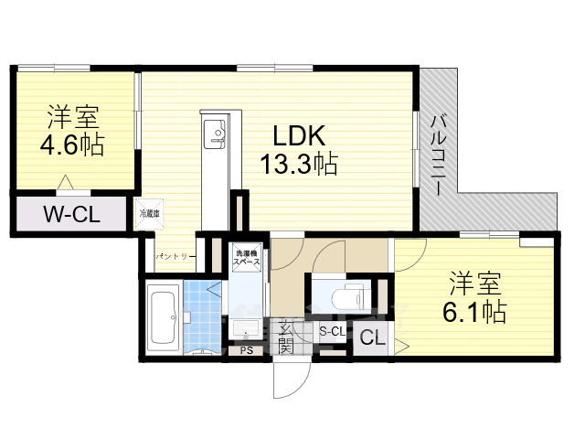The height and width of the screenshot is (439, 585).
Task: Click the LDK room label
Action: pos(297,134)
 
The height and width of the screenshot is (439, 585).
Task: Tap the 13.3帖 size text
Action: pos(298,165)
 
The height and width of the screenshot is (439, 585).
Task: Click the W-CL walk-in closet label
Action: pos(71,216)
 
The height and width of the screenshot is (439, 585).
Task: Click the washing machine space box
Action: pos(247,257)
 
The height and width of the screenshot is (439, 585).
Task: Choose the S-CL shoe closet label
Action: pos(331,331)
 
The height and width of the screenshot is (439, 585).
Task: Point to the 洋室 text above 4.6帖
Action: pos(74,117)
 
